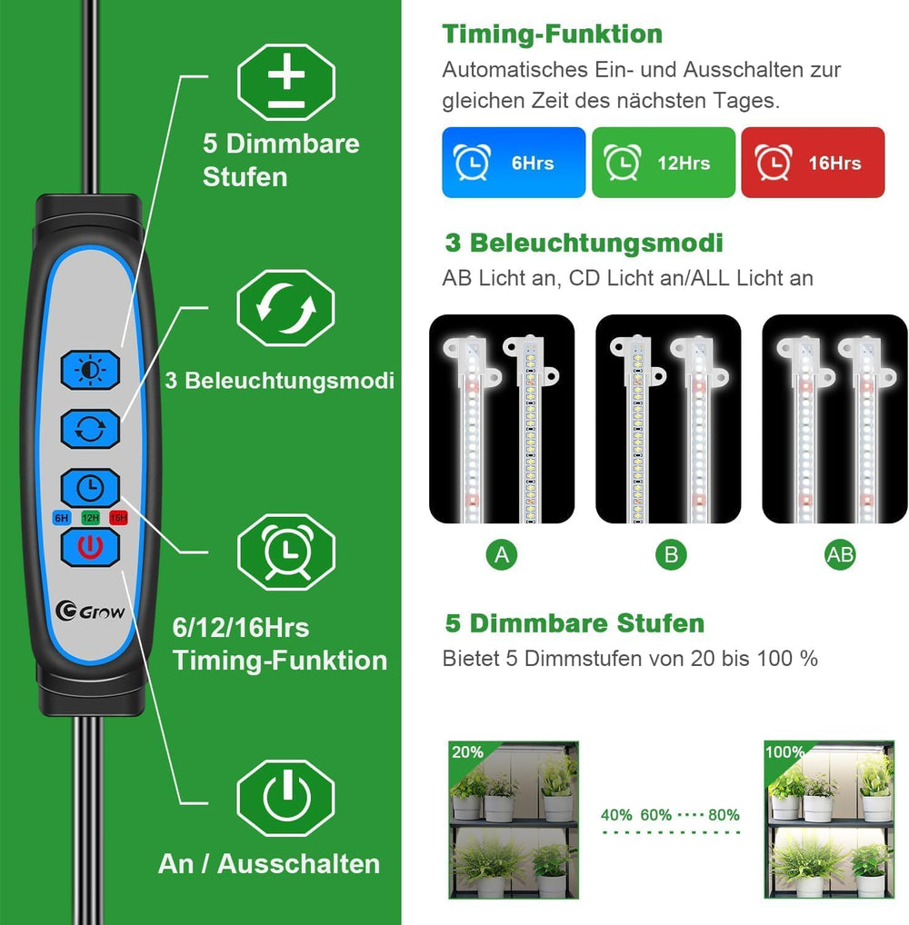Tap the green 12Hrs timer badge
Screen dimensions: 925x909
pos(664,163)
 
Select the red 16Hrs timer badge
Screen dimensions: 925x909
pos(814,163)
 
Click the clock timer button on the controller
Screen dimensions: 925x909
pos(90,489)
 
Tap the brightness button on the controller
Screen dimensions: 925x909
pos(90,371)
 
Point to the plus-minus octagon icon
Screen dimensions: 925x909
pos(286,83)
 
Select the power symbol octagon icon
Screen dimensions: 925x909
pos(286,797)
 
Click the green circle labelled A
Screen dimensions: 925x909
pos(502,555)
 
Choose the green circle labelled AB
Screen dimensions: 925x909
pos(840,555)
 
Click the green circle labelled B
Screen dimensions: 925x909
pos(671,555)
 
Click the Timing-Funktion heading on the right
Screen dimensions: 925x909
pos(552,35)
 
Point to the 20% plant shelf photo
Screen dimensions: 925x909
pos(514,820)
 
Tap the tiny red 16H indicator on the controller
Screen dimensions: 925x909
pos(118,518)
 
